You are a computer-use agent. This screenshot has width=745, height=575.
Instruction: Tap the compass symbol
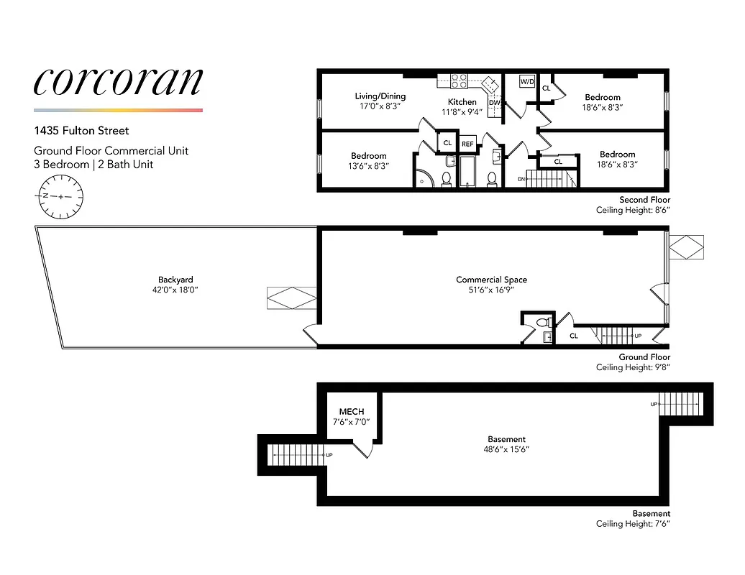click(x=62, y=196)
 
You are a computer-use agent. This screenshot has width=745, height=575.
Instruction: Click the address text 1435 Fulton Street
click(x=81, y=132)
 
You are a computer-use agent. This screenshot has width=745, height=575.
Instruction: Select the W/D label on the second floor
click(x=527, y=81)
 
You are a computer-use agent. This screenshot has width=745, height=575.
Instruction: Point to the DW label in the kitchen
click(x=494, y=103)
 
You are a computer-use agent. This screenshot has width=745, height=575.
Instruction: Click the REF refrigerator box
click(x=467, y=143)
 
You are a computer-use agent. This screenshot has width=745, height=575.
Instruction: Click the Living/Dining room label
click(x=380, y=96)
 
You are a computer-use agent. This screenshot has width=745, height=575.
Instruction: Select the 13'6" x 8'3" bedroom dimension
click(x=369, y=165)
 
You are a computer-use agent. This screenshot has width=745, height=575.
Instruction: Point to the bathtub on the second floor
click(x=468, y=173)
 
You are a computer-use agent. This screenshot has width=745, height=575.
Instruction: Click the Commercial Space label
click(x=491, y=280)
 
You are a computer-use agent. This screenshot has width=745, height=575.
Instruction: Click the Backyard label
click(x=175, y=280)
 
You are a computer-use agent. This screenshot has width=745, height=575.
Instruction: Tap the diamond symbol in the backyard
click(x=291, y=298)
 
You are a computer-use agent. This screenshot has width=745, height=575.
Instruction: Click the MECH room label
click(x=351, y=412)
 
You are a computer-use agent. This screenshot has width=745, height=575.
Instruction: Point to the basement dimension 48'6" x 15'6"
click(x=506, y=448)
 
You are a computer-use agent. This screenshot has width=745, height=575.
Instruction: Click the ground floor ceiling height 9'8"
click(x=633, y=367)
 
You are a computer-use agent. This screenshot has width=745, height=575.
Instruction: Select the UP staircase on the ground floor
click(x=616, y=335)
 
